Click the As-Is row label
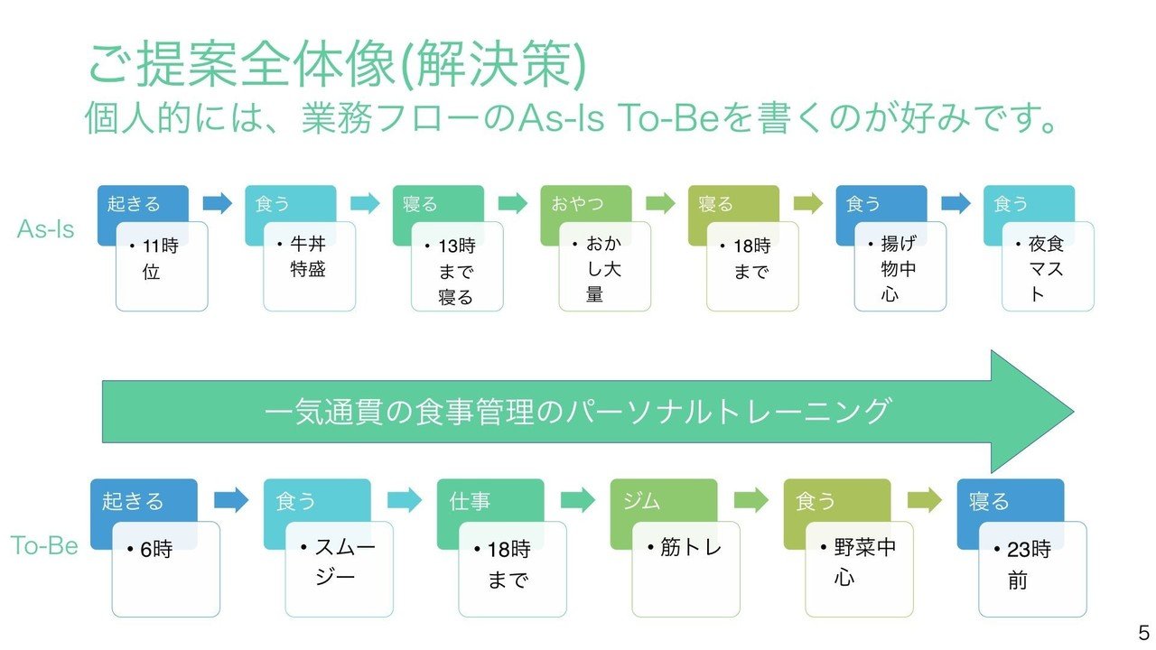[x=46, y=229]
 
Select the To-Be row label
[x=44, y=545]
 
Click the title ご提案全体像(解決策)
[x=337, y=66]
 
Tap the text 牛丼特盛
[x=307, y=257]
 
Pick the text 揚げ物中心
[x=899, y=269]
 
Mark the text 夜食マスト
[x=1047, y=269]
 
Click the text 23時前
[x=1027, y=564]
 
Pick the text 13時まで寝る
[x=456, y=270]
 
